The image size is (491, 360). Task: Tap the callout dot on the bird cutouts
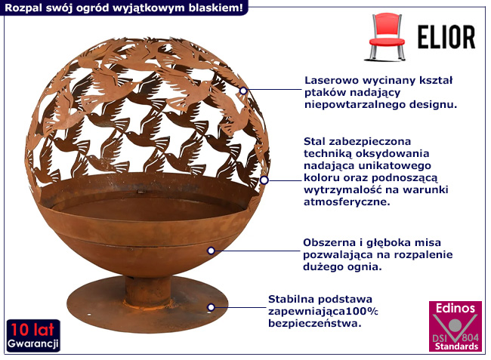pos(243,91)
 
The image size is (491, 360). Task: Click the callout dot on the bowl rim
pos(264,180)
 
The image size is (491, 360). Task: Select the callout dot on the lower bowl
pos(212,251)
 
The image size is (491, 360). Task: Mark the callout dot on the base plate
pos(212,307)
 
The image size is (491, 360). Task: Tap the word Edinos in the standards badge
pos(453,309)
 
